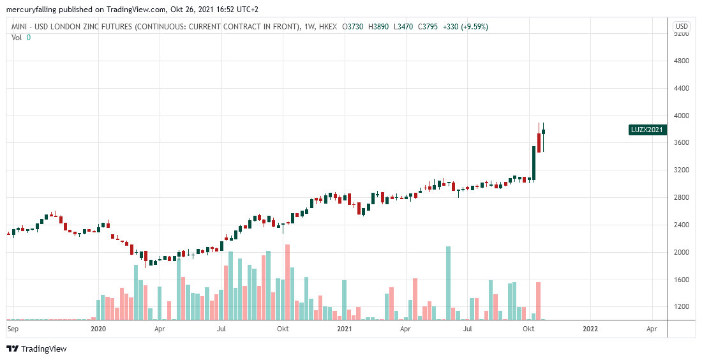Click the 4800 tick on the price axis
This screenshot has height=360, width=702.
(x=682, y=61)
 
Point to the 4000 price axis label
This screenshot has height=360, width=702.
(x=682, y=116)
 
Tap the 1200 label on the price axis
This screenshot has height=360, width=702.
(x=682, y=307)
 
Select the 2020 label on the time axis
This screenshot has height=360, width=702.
(x=98, y=329)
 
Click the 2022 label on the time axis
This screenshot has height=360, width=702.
(x=591, y=329)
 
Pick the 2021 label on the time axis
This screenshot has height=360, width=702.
(x=345, y=329)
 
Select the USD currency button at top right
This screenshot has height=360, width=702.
(x=682, y=26)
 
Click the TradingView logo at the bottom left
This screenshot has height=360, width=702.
(x=36, y=349)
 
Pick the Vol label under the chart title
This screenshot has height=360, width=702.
(x=17, y=37)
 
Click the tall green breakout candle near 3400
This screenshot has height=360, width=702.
(x=534, y=163)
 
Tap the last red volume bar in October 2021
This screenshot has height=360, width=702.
(x=539, y=301)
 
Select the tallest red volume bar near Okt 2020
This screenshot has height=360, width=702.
(x=288, y=281)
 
